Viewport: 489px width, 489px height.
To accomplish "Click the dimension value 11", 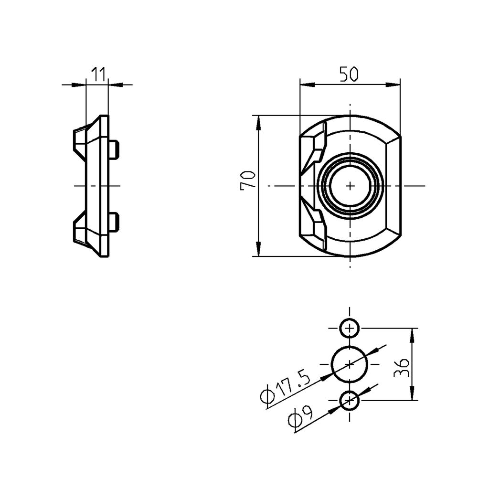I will (x=98, y=74).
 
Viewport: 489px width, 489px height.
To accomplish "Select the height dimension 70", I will (x=248, y=181).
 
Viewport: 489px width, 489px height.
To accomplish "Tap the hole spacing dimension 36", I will (x=401, y=367).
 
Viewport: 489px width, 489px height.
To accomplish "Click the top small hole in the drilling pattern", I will (x=350, y=329).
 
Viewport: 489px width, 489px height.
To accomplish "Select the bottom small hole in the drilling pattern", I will (x=350, y=401).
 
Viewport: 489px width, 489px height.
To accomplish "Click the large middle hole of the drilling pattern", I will (x=350, y=364).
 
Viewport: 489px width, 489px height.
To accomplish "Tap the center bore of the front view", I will (x=350, y=185).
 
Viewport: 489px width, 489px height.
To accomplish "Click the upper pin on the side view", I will (x=114, y=149).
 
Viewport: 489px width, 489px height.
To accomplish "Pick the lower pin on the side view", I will (x=114, y=223).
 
